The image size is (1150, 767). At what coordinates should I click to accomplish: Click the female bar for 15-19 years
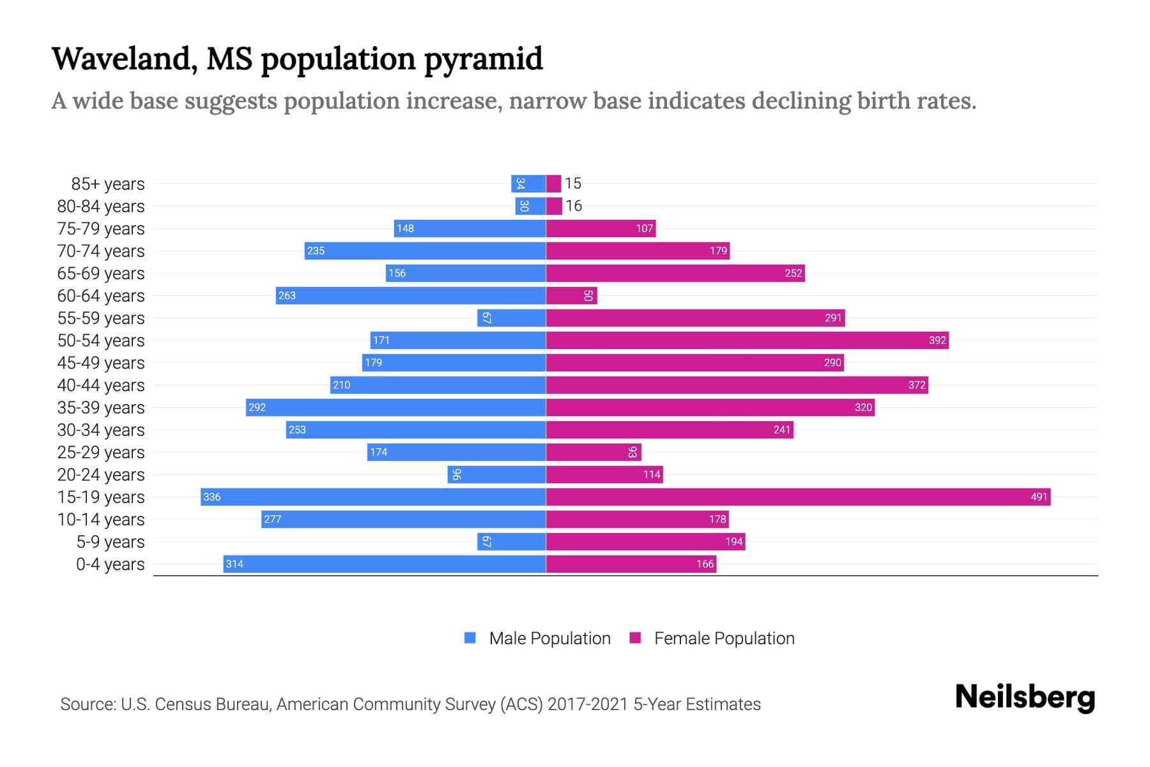point(798,497)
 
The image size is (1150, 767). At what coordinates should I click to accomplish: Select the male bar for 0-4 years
point(385,564)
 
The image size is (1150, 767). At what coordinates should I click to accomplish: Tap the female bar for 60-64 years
point(571,295)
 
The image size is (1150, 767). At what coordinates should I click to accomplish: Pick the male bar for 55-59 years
point(511,318)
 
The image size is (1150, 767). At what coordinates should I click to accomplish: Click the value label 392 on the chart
point(937,340)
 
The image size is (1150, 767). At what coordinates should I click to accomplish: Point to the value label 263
point(287,295)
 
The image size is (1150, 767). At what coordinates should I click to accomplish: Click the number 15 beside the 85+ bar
point(572,183)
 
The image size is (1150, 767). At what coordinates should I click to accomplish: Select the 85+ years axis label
point(107,184)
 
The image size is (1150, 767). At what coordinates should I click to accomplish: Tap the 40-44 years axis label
point(101,385)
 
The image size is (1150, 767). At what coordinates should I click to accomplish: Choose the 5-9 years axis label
point(110,542)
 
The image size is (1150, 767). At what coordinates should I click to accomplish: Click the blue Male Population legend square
point(470,638)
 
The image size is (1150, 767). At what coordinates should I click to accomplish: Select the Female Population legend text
point(724,639)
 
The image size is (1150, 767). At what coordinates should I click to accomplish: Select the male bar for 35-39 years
point(395,407)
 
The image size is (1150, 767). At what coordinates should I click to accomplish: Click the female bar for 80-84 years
point(554,206)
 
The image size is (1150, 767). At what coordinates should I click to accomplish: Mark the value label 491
point(1039,497)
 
